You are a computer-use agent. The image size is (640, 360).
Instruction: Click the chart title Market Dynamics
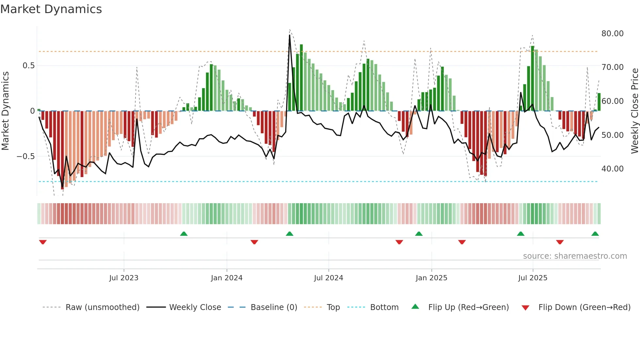51,9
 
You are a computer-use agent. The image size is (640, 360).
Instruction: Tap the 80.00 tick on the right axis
612,34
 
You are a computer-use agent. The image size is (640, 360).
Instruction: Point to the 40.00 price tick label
612,169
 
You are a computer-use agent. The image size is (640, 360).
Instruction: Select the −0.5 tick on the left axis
25,156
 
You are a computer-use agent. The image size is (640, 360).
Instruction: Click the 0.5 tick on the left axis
28,66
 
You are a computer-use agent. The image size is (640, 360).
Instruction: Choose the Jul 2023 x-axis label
124,278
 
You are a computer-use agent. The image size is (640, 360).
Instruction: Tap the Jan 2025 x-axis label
431,278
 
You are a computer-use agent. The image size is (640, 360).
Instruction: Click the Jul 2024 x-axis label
328,278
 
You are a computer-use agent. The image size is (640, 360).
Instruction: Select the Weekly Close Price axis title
634,111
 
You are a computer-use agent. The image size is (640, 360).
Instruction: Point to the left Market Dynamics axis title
5,111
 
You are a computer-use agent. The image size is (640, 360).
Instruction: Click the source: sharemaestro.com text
575,256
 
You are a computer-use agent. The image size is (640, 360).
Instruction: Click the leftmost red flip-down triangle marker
43,242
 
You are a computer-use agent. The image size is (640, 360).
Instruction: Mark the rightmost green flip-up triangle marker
595,234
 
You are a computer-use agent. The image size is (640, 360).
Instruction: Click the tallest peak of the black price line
290,35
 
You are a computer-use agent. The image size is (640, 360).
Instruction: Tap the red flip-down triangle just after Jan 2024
254,242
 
